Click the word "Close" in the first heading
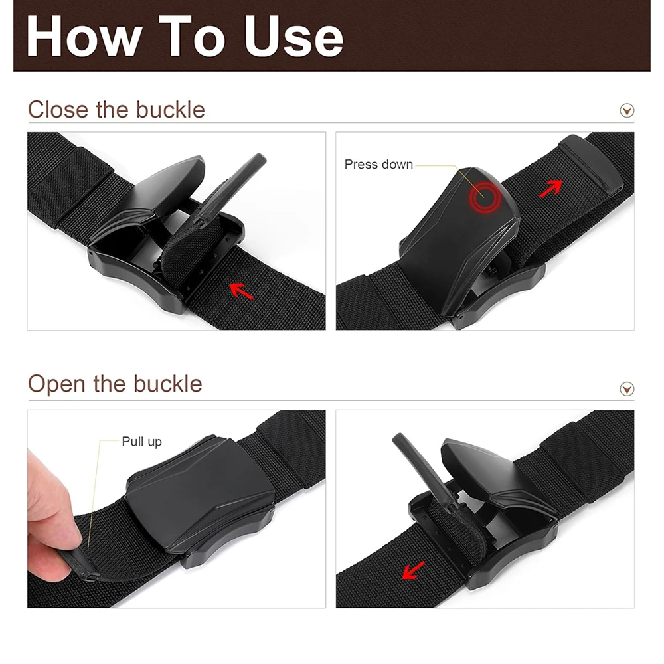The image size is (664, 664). pyautogui.click(x=58, y=110)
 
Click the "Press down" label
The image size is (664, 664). pyautogui.click(x=378, y=165)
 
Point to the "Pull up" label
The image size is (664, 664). pyautogui.click(x=141, y=442)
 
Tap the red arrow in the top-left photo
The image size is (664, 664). pyautogui.click(x=241, y=290)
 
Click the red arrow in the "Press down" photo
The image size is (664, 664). pyautogui.click(x=550, y=188)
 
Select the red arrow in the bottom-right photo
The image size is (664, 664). pyautogui.click(x=413, y=570)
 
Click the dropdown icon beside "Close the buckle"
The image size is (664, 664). pyautogui.click(x=627, y=110)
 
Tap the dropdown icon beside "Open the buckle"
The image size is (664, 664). pyautogui.click(x=627, y=388)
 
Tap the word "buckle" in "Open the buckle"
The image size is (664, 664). pyautogui.click(x=167, y=384)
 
